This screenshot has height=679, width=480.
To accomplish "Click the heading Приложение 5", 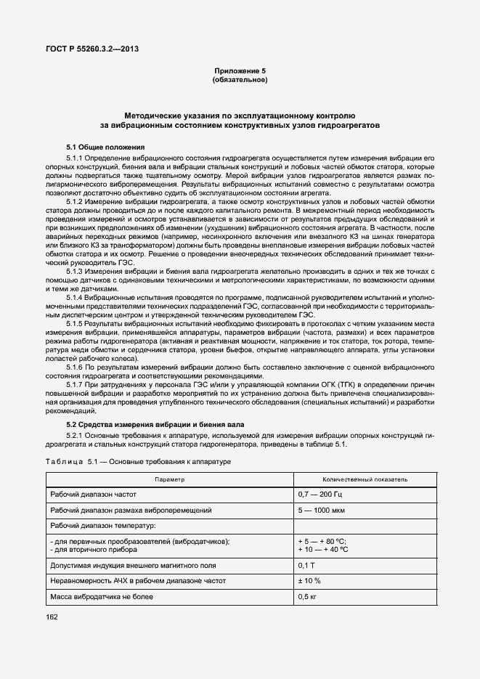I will [x=240, y=70].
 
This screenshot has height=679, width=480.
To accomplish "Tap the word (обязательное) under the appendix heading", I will [x=240, y=79].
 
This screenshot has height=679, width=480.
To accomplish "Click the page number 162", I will [x=54, y=617].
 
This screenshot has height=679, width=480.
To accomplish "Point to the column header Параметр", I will [x=169, y=480].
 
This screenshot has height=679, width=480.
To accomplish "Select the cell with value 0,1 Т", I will [x=306, y=565].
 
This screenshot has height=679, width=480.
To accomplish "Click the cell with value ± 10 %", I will [x=309, y=581].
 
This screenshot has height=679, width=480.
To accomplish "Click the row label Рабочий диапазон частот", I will [x=94, y=495].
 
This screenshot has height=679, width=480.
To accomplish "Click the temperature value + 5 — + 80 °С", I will [x=322, y=541].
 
